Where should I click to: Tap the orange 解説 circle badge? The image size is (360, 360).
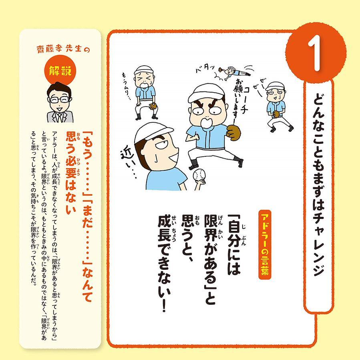pyautogui.click(x=60, y=72)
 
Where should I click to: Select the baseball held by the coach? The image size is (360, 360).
pyautogui.click(x=199, y=176)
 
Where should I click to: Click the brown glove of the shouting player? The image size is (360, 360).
pyautogui.click(x=234, y=132)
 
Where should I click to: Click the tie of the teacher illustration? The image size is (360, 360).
pyautogui.click(x=59, y=117)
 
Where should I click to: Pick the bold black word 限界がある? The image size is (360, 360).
pyautogui.click(x=211, y=249)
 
